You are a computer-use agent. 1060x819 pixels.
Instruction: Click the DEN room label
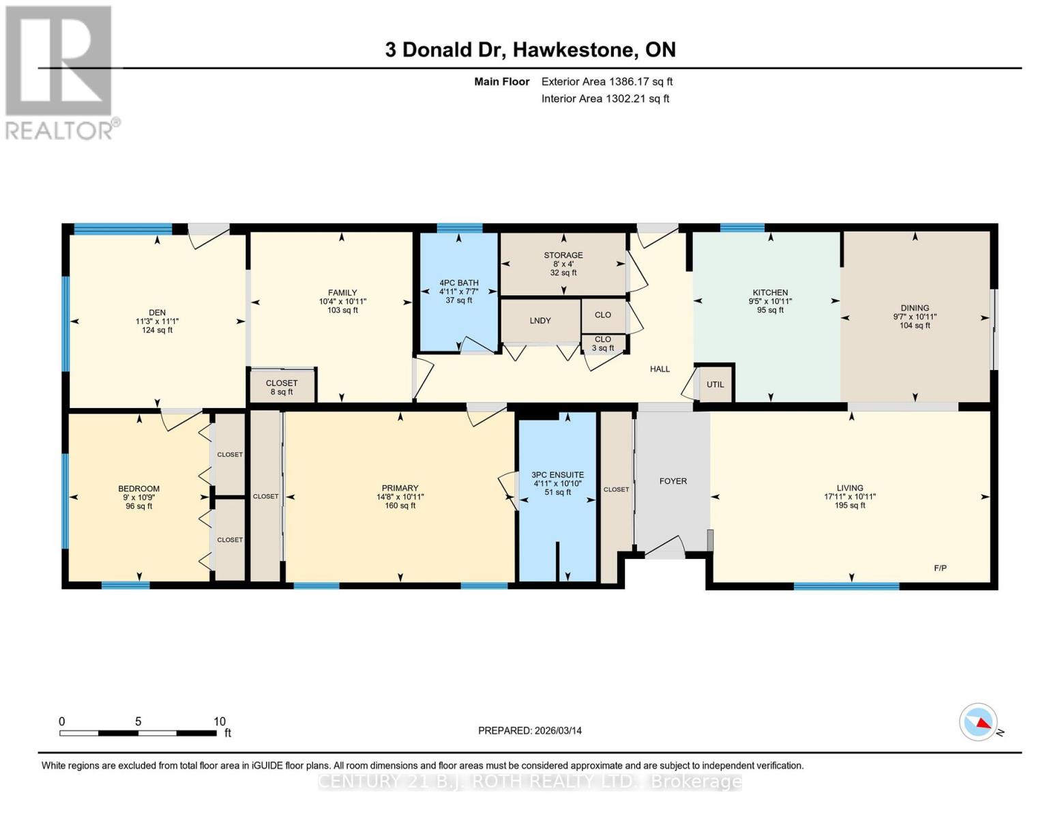point(157,313)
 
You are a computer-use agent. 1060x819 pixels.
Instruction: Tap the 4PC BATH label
point(458,283)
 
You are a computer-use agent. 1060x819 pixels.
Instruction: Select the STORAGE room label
point(563,255)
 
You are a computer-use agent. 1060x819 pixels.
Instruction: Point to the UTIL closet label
point(715,384)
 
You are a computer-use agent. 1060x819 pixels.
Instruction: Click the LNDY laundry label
point(540,320)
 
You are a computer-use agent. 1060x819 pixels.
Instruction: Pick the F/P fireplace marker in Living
point(940,568)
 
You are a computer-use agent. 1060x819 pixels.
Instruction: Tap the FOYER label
point(673,481)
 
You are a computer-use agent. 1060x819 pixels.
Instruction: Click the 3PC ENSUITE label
point(557,475)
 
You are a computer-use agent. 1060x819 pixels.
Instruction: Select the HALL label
point(660,369)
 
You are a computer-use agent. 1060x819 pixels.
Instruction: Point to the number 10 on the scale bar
point(219,721)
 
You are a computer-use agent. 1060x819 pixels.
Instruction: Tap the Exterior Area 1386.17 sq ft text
point(606,81)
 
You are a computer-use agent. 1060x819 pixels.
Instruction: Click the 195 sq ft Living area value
point(850,505)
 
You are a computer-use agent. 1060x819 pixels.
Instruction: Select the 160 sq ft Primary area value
point(400,505)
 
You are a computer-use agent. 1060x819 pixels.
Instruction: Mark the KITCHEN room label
point(770,292)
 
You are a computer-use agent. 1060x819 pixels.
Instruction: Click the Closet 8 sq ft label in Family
point(282,387)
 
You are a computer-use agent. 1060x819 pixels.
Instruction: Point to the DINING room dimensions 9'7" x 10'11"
point(915,317)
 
